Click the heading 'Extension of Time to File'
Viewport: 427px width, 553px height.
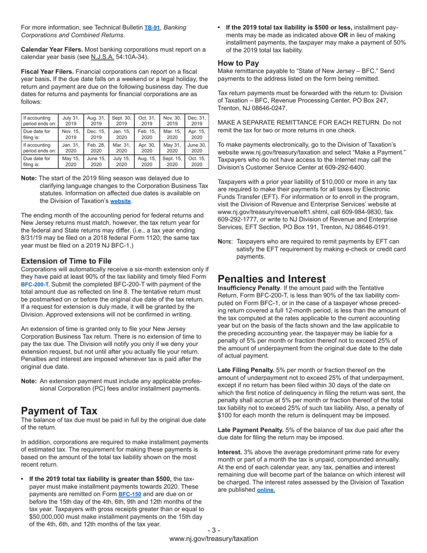click(x=66, y=261)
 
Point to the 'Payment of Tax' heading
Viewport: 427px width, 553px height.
click(x=59, y=410)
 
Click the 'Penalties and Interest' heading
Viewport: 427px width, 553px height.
click(x=271, y=279)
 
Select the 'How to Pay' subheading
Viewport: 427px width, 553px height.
click(x=238, y=63)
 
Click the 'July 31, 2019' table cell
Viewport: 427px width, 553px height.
click(x=71, y=121)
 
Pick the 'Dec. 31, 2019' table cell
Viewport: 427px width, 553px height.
click(x=197, y=121)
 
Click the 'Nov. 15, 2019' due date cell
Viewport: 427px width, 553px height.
click(x=71, y=134)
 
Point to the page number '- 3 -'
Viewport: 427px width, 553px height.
click(x=213, y=530)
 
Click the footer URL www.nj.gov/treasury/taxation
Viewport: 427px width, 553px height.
click(x=213, y=539)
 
